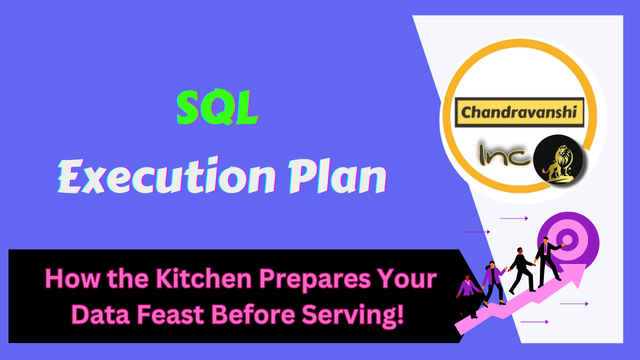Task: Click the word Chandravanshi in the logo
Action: pyautogui.click(x=519, y=112)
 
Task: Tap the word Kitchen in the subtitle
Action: pyautogui.click(x=192, y=279)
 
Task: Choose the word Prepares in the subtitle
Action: pyautogui.click(x=307, y=279)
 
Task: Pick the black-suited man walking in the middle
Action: pyautogui.click(x=520, y=270)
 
